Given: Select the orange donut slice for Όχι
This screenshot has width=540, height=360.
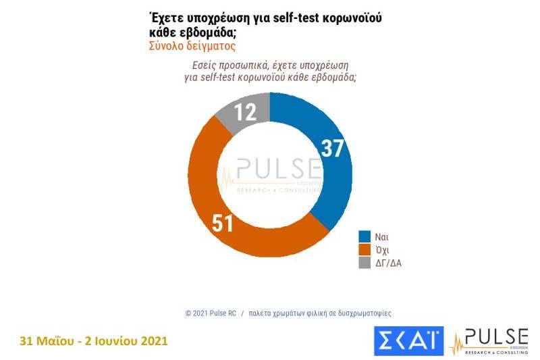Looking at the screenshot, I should pos(223,216).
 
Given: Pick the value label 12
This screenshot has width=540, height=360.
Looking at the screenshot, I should pos(245,111).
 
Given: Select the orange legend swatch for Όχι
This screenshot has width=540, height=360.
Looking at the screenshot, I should pos(363,249).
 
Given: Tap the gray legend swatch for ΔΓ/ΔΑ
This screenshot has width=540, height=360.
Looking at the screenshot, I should pos(363,261).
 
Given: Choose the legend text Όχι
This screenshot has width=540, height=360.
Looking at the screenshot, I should pos(383,249).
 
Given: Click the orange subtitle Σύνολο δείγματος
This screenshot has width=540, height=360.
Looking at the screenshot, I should pos(192,46).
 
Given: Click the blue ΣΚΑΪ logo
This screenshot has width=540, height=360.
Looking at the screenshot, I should pos(408,340).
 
